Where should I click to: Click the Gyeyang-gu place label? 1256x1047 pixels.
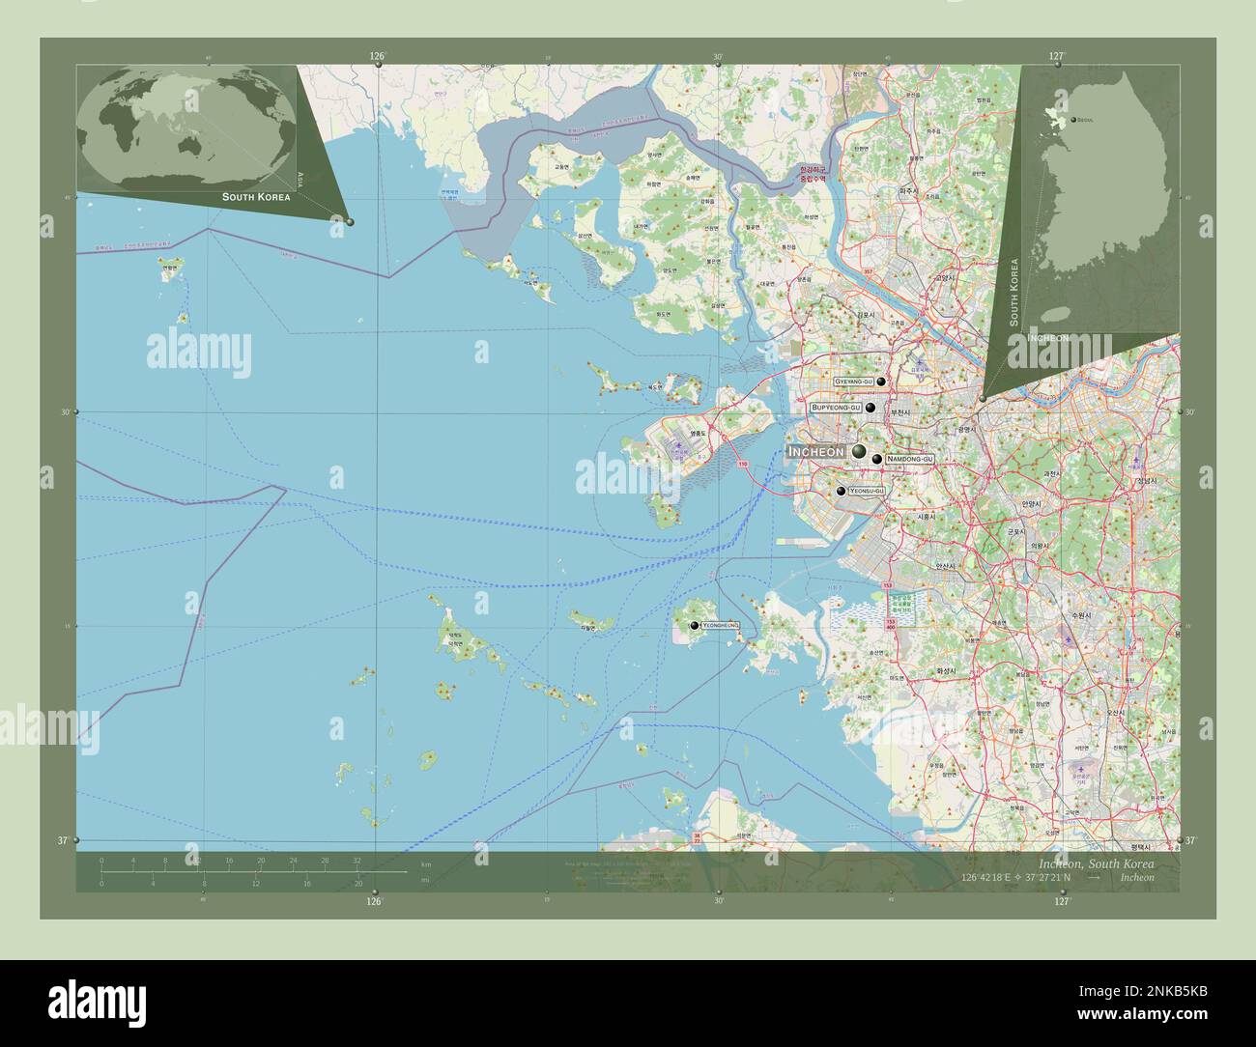click(x=853, y=382)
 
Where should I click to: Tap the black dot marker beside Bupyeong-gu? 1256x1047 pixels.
click(x=871, y=409)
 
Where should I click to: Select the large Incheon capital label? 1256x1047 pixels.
click(x=816, y=451)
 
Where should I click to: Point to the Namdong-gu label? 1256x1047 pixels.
click(x=909, y=459)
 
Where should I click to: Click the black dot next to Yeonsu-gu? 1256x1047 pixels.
click(x=842, y=492)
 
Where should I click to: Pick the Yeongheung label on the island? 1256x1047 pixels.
click(x=721, y=626)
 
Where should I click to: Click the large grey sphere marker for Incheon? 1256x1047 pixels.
click(x=858, y=451)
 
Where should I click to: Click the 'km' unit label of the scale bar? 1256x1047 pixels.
click(x=425, y=863)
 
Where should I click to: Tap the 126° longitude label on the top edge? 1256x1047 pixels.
click(x=377, y=57)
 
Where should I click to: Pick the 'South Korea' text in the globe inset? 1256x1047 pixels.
click(x=255, y=196)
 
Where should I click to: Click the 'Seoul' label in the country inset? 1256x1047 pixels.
click(x=1084, y=120)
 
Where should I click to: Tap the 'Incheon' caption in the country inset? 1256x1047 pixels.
click(x=1047, y=338)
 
